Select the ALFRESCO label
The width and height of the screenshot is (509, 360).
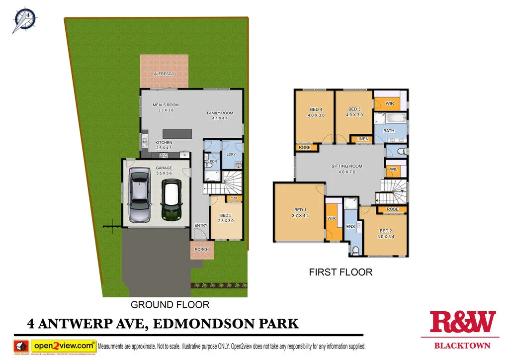click(x=164, y=74)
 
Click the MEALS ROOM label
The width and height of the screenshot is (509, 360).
click(x=166, y=105)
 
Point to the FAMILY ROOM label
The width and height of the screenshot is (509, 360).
click(x=220, y=113)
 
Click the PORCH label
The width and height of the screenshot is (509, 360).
click(x=202, y=249)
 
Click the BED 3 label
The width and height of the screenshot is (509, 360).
click(x=354, y=109)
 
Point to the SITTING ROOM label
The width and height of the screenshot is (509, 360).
click(x=347, y=166)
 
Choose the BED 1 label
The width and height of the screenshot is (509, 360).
click(x=300, y=210)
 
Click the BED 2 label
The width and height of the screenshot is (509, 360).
click(x=386, y=231)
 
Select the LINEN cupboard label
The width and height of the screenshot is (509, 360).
click(x=362, y=139)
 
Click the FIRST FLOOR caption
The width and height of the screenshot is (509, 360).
click(x=340, y=272)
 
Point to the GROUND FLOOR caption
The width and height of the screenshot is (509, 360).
click(x=170, y=304)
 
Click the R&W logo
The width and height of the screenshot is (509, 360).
click(x=462, y=322)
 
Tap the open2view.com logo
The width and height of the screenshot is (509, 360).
click(x=64, y=345)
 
